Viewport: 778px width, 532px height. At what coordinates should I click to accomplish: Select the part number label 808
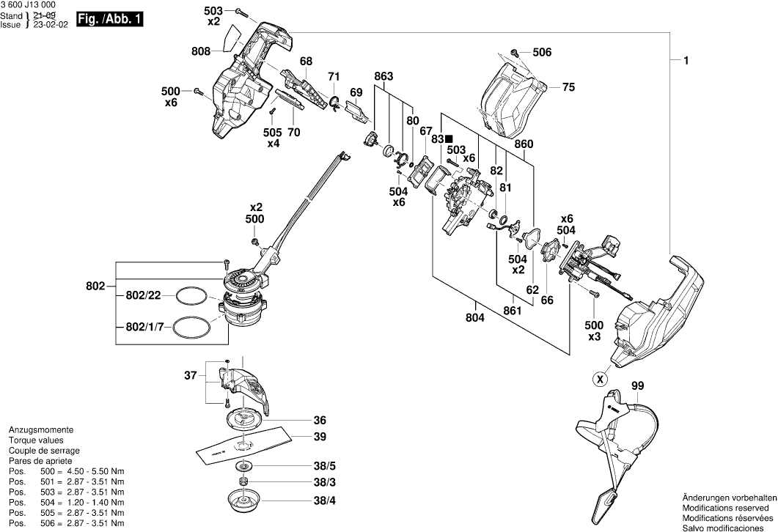(x=202, y=51)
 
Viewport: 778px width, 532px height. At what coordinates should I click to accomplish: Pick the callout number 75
(x=568, y=87)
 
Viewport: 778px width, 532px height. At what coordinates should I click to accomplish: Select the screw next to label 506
(x=516, y=52)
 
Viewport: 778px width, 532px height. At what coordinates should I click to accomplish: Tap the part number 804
(x=477, y=318)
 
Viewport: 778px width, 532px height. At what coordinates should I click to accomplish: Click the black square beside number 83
(x=449, y=138)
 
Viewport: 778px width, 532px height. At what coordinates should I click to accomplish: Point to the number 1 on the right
(x=686, y=62)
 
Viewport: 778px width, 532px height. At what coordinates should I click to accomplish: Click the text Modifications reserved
(x=727, y=507)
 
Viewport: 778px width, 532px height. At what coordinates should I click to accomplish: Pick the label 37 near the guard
(x=191, y=376)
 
